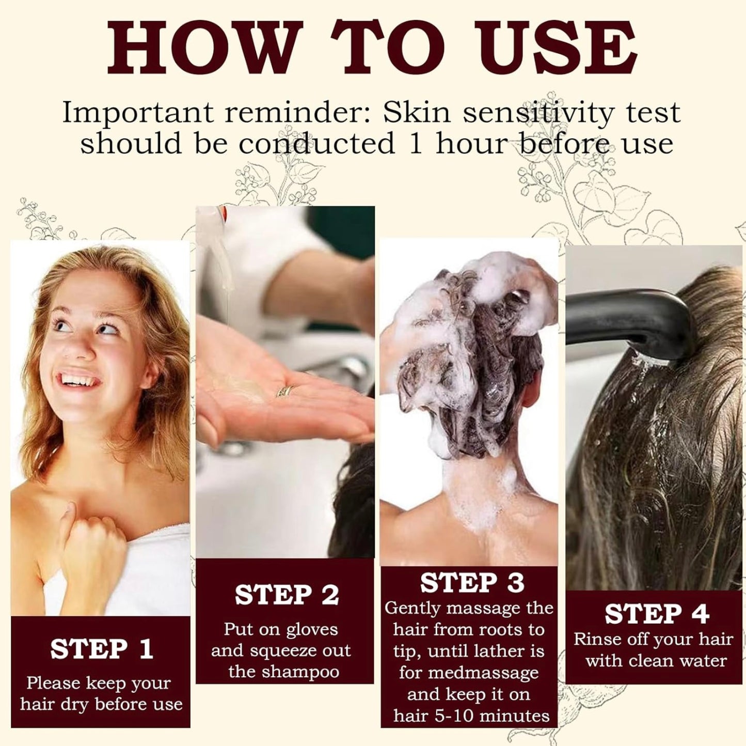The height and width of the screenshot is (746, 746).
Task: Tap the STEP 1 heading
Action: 101,649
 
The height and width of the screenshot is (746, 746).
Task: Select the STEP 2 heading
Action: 287,595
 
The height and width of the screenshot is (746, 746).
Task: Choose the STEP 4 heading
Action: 657,614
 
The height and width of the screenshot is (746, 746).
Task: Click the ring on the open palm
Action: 285,391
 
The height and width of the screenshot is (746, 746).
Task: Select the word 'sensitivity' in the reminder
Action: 538,112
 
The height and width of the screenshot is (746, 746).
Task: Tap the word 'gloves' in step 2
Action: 312,630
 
